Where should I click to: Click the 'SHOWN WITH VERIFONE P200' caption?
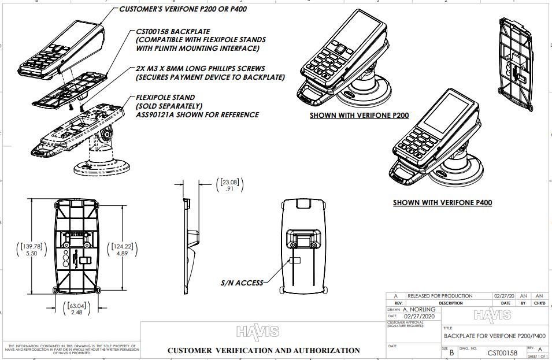359,116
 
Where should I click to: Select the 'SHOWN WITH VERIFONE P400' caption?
442,203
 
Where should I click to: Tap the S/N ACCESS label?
242,283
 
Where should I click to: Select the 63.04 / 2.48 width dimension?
76,309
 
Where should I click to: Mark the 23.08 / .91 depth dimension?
229,185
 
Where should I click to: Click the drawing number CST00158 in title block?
502,351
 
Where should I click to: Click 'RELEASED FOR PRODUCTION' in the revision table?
440,296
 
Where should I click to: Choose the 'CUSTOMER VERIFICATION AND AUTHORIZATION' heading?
264,350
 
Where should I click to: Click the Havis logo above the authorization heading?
257,332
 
